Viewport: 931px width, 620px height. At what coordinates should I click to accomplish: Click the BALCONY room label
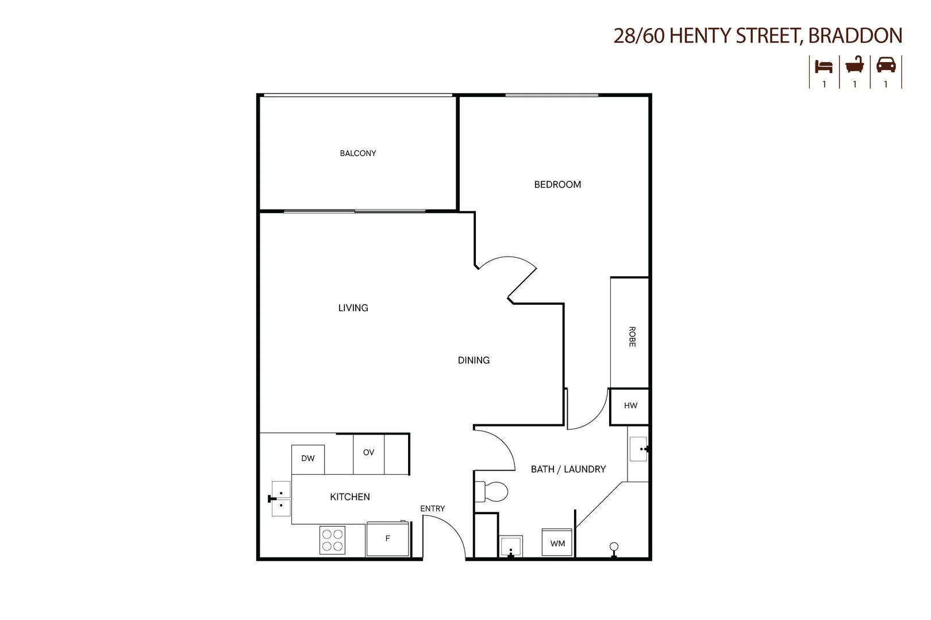357,153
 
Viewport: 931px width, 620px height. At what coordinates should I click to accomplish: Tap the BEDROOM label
557,184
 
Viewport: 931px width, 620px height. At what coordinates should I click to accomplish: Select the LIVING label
353,308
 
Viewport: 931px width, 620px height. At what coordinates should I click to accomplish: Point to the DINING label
474,361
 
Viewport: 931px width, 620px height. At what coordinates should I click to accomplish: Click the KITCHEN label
349,497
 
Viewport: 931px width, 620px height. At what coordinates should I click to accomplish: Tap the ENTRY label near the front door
432,509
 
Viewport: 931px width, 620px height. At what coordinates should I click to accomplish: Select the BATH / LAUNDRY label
568,469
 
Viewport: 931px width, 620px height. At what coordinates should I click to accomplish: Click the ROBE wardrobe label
632,336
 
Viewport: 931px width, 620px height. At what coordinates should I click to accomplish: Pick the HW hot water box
630,406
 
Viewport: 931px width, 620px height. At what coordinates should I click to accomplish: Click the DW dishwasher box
308,459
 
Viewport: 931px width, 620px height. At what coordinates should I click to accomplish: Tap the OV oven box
368,453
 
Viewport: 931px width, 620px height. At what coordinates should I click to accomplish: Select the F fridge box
387,539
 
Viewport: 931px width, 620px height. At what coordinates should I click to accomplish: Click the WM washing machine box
557,543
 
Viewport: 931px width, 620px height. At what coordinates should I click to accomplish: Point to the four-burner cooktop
332,540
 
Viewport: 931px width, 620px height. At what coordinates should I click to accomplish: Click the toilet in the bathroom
492,491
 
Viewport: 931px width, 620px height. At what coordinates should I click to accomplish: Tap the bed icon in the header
824,66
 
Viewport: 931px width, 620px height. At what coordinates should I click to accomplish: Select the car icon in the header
886,65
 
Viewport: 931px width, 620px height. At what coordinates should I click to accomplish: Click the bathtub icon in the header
855,65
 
